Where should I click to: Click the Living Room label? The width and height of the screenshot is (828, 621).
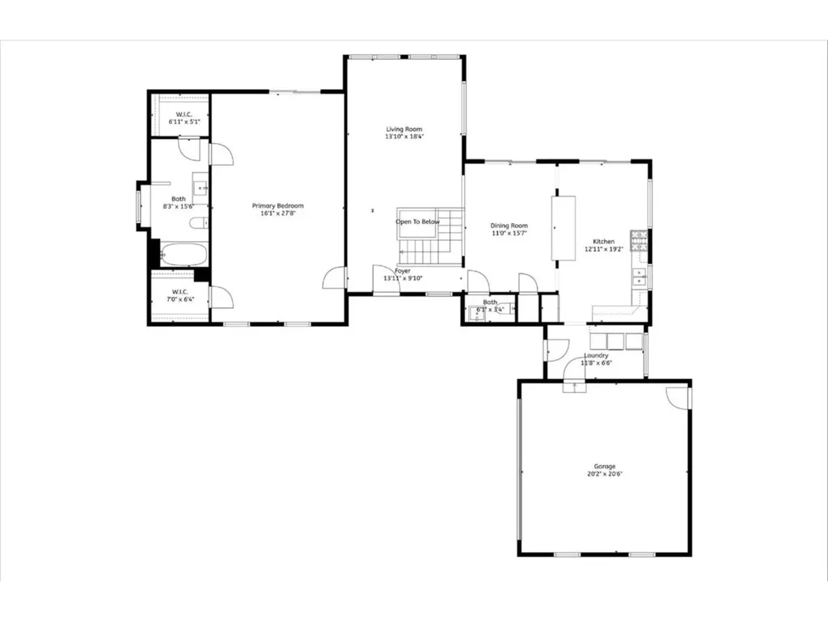403,129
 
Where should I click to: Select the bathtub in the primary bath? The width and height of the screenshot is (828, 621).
184,255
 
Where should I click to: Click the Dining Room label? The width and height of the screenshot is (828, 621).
509,226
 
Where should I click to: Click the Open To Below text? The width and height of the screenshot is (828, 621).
418,222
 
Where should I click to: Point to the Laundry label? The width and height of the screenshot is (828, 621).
596,355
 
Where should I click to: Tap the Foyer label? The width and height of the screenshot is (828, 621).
403,271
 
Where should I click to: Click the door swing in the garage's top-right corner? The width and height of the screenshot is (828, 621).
679,396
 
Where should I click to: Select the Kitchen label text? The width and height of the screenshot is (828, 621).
604,242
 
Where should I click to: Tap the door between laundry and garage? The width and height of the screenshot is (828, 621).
575,385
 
